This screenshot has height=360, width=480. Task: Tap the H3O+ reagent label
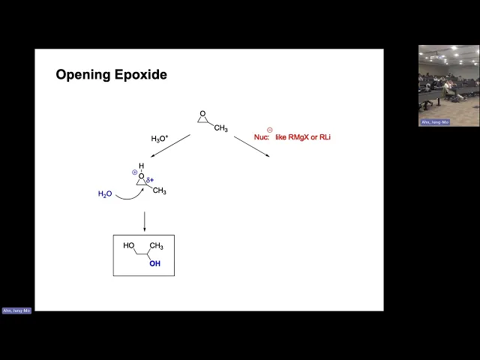tap(160, 139)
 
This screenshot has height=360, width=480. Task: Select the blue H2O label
tap(105, 194)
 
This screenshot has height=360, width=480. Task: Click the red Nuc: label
tap(245, 137)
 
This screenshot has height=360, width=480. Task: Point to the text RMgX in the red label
tap(297, 137)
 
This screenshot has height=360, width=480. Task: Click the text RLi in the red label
tap(325, 137)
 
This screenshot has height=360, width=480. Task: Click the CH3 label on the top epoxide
tap(221, 128)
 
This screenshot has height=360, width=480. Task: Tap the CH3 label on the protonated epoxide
tap(159, 191)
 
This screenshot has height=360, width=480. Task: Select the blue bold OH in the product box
tap(154, 263)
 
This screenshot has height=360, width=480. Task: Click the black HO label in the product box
tap(129, 246)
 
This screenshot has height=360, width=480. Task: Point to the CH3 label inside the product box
tap(156, 246)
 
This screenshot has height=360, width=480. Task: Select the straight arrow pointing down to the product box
tap(144, 221)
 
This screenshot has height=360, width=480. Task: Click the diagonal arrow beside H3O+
tap(170, 146)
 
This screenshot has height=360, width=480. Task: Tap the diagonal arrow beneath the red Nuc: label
tap(252, 146)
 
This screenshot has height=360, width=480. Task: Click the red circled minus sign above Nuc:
tap(269, 129)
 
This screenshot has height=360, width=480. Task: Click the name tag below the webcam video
tap(435, 121)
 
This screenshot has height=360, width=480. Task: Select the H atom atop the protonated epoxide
tap(140, 166)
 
